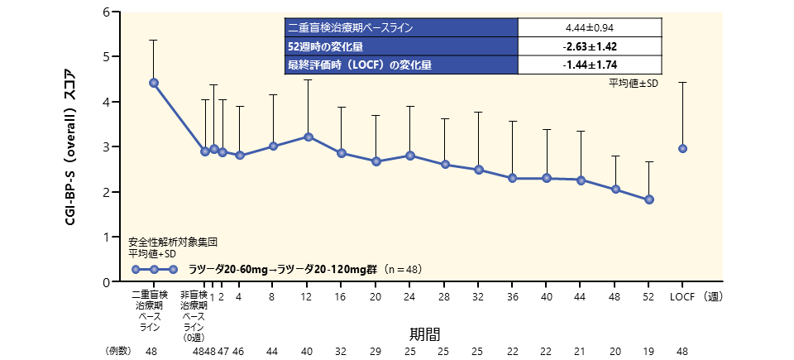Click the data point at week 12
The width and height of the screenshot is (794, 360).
tap(308, 137)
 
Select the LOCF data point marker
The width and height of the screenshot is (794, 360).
tap(682, 149)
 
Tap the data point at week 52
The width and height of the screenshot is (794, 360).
tap(649, 199)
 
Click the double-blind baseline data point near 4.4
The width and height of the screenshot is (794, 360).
tap(154, 83)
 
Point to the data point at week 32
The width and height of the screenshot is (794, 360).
tap(478, 170)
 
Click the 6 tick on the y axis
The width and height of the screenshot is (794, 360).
tap(107, 12)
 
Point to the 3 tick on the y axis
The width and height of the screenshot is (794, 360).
tap(107, 147)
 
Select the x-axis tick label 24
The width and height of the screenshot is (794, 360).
tap(409, 296)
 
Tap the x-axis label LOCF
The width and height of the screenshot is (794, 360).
tap(682, 296)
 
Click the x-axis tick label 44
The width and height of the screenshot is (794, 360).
tap(581, 296)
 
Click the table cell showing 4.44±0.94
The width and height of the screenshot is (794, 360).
tap(590, 27)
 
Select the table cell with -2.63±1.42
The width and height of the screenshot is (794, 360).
tap(590, 46)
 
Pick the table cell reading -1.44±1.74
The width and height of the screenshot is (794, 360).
tap(590, 65)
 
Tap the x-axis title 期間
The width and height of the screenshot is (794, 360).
tap(424, 334)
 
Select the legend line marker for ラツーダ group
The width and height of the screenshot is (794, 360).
tap(154, 269)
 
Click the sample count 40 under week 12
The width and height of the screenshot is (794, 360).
tap(308, 352)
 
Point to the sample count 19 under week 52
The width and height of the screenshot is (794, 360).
tap(649, 352)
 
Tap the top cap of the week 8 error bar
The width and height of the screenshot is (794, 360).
tap(273, 94)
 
